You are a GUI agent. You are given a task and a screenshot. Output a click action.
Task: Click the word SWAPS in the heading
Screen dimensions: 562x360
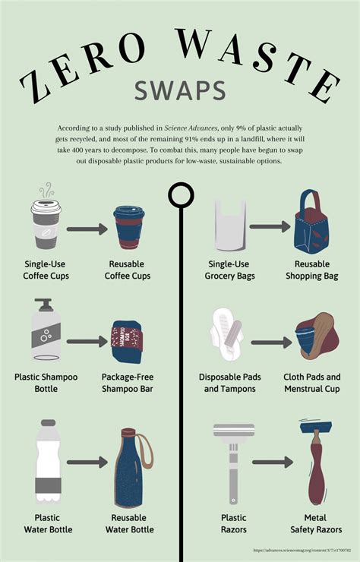click(x=180, y=90)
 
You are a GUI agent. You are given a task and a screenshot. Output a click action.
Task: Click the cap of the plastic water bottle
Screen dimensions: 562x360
click(x=48, y=423)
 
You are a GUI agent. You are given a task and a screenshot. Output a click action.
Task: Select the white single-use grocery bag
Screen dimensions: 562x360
click(x=231, y=226)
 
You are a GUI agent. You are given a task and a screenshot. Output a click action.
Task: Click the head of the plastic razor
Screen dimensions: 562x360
click(x=234, y=431)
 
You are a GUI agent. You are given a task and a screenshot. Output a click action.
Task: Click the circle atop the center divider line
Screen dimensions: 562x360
click(x=180, y=195)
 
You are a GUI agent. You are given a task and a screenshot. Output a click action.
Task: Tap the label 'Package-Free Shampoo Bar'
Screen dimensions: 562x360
click(x=128, y=382)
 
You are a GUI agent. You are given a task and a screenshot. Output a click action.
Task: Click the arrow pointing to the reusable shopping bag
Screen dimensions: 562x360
click(x=270, y=226)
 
